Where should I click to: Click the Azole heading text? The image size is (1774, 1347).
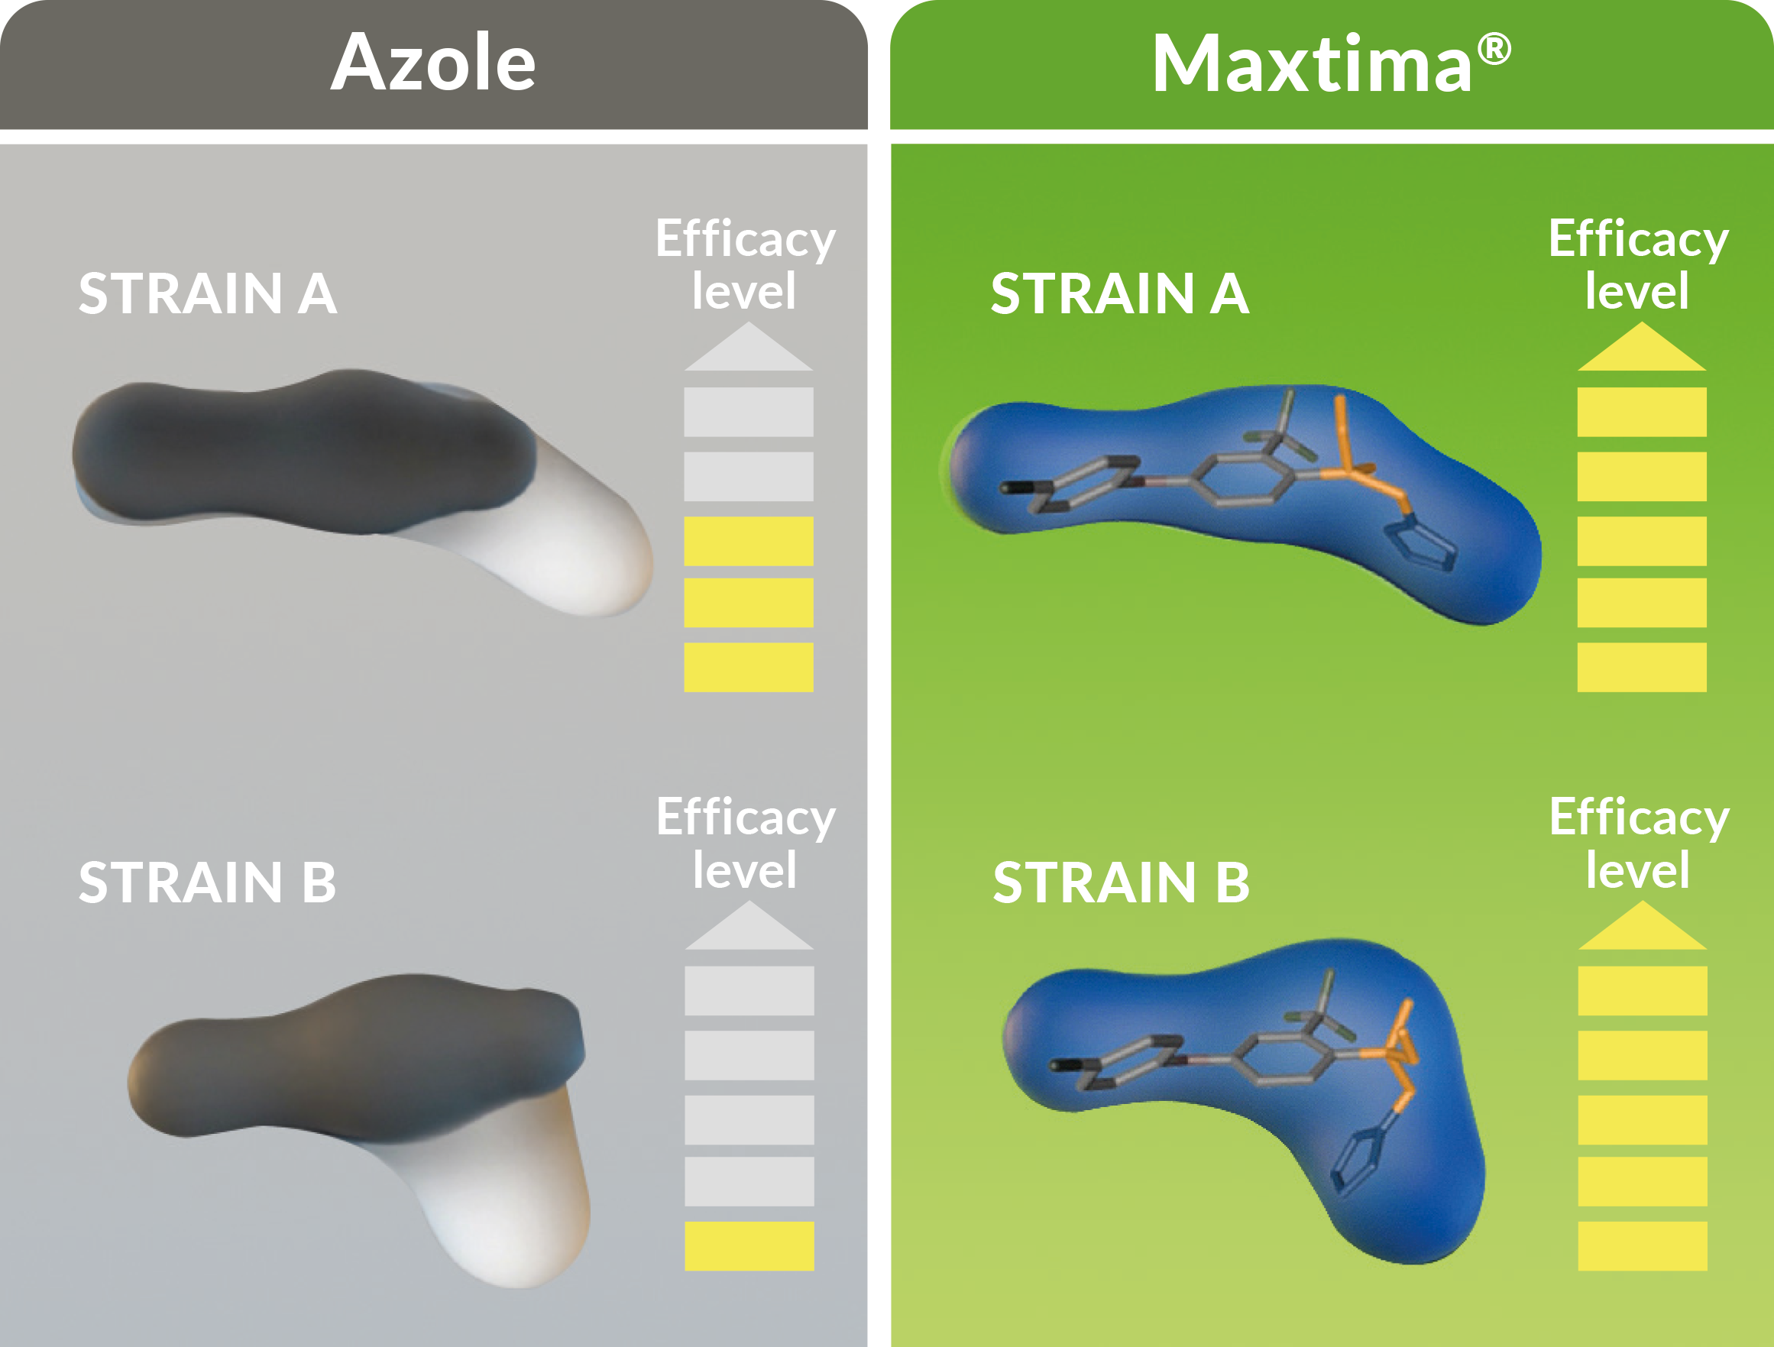pyautogui.click(x=433, y=63)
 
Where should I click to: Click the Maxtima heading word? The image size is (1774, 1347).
pyautogui.click(x=1312, y=64)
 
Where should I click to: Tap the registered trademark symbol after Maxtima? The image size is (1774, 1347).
pyautogui.click(x=1494, y=49)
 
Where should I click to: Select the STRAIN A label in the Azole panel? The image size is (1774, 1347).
pyautogui.click(x=208, y=293)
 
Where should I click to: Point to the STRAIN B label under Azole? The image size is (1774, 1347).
pyautogui.click(x=208, y=882)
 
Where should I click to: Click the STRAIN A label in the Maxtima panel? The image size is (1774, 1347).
pyautogui.click(x=1119, y=293)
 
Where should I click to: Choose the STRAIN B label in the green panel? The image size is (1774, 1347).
pyautogui.click(x=1122, y=882)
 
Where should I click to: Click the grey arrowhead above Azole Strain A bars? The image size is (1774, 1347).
pyautogui.click(x=748, y=347)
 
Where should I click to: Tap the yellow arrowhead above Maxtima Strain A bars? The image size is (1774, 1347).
pyautogui.click(x=1642, y=347)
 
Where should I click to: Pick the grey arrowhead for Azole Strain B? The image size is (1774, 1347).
pyautogui.click(x=749, y=926)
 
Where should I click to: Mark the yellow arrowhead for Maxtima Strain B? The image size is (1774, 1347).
pyautogui.click(x=1643, y=926)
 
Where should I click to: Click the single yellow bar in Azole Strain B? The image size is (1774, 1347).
pyautogui.click(x=749, y=1246)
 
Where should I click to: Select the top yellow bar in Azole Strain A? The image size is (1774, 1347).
pyautogui.click(x=748, y=541)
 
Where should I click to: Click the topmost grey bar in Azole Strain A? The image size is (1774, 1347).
pyautogui.click(x=748, y=412)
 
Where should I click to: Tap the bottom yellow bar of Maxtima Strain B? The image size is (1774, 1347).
pyautogui.click(x=1643, y=1246)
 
